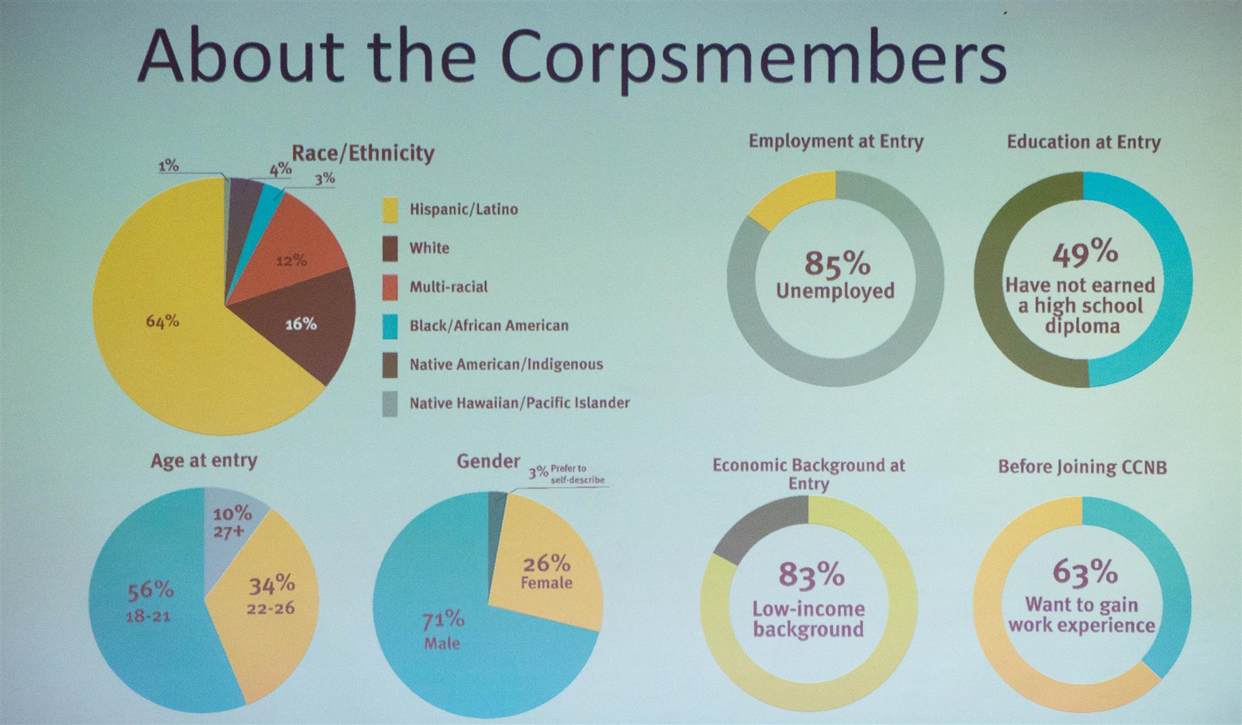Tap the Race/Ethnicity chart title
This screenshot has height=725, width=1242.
coord(363,153)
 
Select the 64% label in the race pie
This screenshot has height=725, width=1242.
coord(162,321)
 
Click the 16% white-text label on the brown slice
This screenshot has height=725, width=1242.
coord(301,324)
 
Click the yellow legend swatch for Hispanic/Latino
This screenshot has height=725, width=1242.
coord(390,210)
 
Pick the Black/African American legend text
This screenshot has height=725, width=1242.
coord(489,325)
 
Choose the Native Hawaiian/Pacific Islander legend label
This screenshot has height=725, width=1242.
coord(520,402)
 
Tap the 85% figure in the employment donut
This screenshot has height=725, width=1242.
coord(837,263)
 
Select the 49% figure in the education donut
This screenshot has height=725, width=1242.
coord(1085,252)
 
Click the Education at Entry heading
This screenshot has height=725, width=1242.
coord(1084,142)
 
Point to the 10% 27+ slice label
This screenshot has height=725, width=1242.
coord(232,522)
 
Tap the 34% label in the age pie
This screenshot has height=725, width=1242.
coord(272,584)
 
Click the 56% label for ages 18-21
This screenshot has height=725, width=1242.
coord(151,590)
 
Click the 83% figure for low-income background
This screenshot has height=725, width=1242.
coord(811,574)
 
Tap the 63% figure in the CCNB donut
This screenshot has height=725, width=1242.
coord(1085,572)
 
